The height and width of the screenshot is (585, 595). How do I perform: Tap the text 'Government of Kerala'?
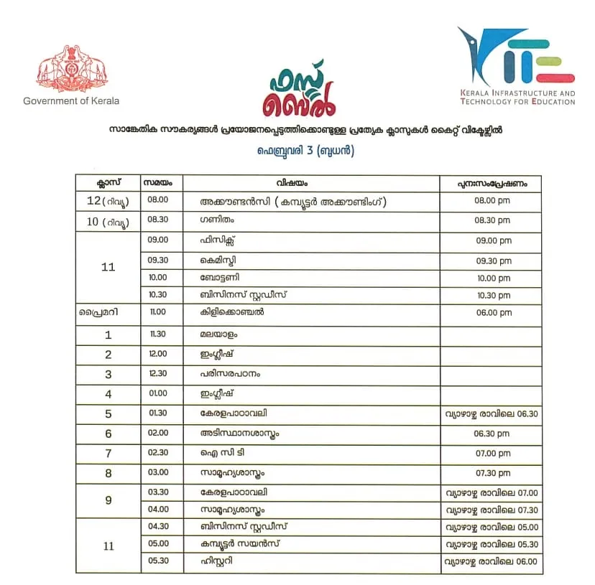[71, 101]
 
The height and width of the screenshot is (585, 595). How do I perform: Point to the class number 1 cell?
[109, 334]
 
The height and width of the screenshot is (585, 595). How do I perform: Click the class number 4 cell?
[109, 394]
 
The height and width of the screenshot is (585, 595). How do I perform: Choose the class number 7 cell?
[109, 454]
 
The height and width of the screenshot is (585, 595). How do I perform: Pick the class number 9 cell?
[109, 500]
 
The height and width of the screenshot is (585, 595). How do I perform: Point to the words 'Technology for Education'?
[518, 102]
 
